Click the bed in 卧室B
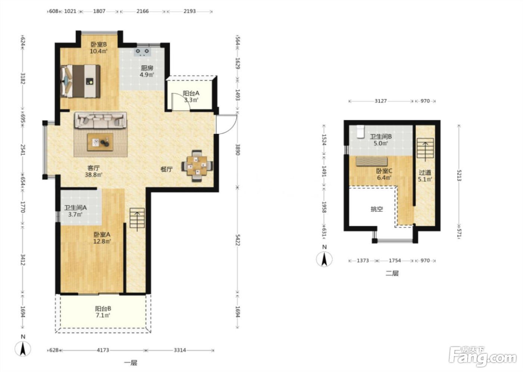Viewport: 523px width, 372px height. click(x=80, y=81)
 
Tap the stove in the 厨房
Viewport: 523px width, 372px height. click(x=142, y=52)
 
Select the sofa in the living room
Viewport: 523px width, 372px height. click(x=100, y=120)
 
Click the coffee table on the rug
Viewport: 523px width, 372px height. click(x=100, y=142)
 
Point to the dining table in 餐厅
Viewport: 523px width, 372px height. click(x=197, y=166)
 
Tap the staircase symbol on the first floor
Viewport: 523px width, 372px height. click(x=137, y=218)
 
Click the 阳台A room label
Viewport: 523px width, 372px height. click(x=191, y=94)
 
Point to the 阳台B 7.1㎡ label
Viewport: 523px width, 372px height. click(x=103, y=312)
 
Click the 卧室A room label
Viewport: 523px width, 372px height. click(x=102, y=235)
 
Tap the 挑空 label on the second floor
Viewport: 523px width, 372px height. click(x=377, y=209)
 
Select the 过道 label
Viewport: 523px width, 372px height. click(x=425, y=173)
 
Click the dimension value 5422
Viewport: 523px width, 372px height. click(x=238, y=240)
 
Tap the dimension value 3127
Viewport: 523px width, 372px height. click(x=381, y=101)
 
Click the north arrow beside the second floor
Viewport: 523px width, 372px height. click(x=324, y=259)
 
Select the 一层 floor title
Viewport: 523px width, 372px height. click(x=130, y=363)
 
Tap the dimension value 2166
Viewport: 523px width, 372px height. click(x=142, y=11)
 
